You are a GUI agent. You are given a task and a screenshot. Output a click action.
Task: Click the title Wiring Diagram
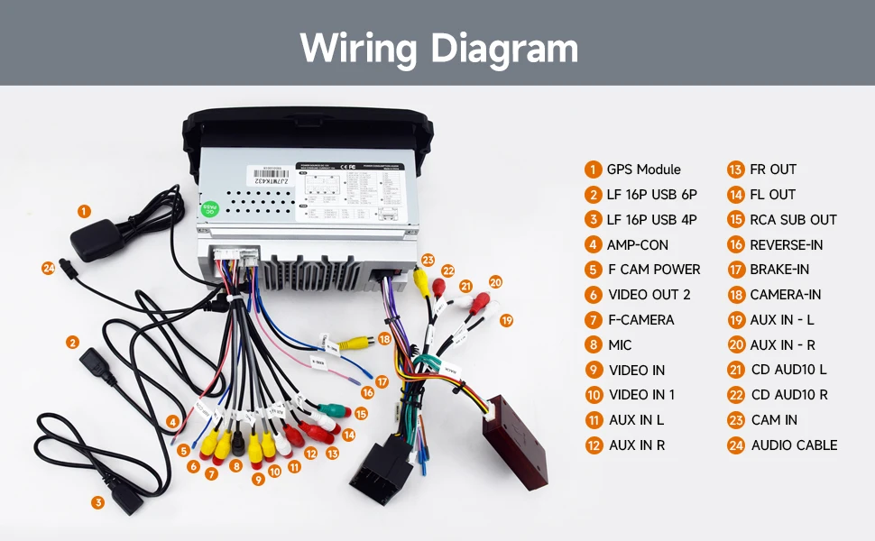(438, 47)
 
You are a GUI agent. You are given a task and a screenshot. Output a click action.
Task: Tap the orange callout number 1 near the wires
(84, 211)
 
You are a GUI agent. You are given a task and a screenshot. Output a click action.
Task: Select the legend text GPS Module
(643, 170)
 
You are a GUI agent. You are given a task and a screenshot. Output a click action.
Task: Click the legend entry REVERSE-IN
(786, 244)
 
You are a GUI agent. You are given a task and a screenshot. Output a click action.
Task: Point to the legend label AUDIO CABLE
(794, 445)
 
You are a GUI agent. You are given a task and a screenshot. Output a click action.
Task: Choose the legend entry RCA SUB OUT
(793, 220)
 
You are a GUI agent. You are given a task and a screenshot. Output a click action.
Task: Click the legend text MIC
(620, 344)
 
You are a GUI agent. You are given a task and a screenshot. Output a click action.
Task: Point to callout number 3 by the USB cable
(97, 502)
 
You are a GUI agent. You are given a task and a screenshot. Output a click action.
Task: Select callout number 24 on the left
(48, 267)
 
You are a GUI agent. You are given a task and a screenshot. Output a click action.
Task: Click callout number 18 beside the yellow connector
(384, 339)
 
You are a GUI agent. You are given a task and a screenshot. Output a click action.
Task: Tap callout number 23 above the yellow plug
(427, 260)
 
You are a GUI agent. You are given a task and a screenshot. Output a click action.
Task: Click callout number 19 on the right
(506, 320)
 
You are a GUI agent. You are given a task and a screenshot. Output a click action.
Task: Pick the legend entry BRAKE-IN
(779, 270)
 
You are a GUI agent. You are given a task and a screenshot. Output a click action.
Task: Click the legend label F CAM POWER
(654, 270)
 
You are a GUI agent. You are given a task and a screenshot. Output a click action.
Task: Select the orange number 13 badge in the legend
(735, 170)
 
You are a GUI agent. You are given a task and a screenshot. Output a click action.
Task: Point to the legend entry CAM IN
(773, 420)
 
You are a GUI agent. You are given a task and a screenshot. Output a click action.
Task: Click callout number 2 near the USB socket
(72, 342)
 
